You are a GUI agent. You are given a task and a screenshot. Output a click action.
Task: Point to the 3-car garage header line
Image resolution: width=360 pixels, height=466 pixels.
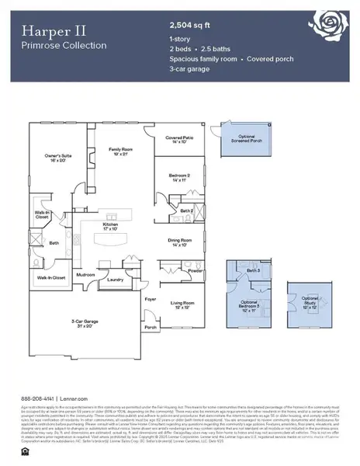192,80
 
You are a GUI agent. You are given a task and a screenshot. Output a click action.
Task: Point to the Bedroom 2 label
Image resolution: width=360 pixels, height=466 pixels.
180,178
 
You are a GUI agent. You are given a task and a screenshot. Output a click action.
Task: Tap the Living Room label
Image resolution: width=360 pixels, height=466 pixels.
182,305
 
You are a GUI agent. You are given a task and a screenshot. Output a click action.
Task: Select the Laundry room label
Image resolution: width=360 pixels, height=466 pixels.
116,280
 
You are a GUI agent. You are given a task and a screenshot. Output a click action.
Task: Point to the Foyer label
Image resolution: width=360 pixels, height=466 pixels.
151,297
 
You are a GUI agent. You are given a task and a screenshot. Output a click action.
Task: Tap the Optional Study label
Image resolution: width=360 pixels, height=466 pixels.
310,301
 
